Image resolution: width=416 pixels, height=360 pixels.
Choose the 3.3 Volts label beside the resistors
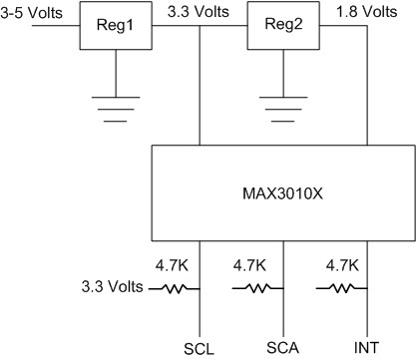pos(112,288)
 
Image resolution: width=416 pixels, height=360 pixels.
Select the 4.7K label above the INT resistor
pos(341,267)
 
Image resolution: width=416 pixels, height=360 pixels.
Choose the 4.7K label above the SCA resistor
pos(256,267)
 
